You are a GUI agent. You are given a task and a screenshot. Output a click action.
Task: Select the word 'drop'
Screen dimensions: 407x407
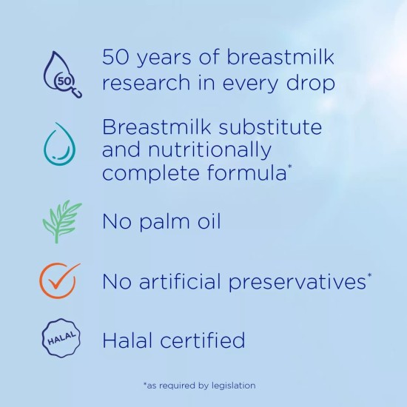coord(310,82)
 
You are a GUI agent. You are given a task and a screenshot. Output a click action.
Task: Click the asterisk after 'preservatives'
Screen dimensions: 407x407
coord(369,276)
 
